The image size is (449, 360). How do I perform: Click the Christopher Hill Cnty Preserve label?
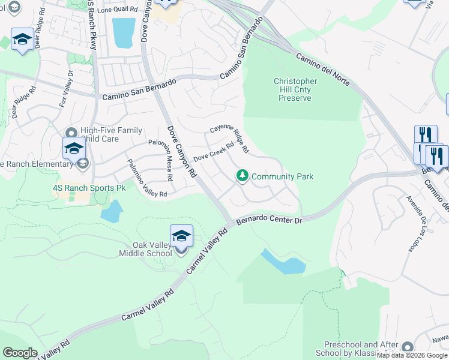[295, 89]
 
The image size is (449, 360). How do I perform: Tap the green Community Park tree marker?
[243, 176]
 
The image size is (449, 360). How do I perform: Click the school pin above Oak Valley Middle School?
[181, 236]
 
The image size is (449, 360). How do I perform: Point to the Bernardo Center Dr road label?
[268, 221]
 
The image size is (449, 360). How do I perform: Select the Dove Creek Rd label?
[213, 151]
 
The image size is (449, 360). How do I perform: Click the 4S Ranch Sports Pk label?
[89, 188]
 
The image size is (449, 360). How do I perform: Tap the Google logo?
[20, 353]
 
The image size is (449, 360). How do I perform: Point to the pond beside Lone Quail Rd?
[124, 32]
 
